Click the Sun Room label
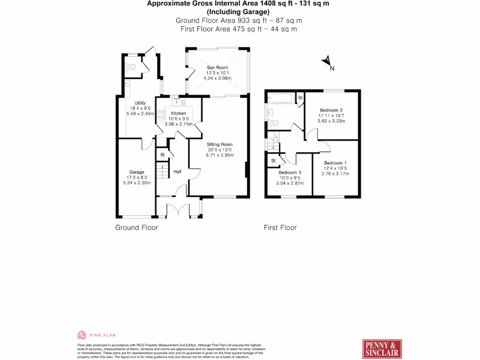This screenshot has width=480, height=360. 217,67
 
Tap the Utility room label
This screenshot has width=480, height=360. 140,103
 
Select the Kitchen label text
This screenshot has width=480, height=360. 179,113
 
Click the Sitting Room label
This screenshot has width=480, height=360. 219,144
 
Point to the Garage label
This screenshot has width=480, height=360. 136,172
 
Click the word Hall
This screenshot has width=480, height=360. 177,172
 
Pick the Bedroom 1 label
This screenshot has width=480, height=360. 335,163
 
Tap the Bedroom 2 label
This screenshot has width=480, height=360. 331,110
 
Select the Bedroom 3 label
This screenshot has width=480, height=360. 290,172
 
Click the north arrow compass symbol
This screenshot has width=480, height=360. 327,61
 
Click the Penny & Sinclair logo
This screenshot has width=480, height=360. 382,349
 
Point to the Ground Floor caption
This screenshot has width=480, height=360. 136,228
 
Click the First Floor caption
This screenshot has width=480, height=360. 280,228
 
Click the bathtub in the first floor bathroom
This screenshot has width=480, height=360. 281,98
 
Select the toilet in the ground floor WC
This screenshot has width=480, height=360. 131,67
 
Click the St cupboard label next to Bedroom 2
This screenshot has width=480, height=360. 300,97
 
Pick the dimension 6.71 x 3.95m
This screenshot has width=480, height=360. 219,155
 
